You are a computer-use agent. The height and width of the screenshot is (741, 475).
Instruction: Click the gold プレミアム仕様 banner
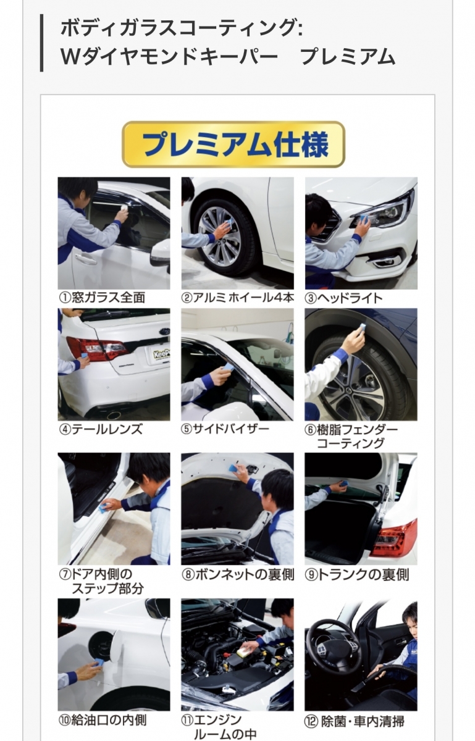(233, 144)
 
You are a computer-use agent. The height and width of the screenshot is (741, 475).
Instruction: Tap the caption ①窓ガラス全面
(102, 298)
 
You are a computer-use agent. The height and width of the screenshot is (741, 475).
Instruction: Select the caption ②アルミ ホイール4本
(237, 298)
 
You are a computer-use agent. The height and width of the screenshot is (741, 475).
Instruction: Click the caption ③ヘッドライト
(343, 298)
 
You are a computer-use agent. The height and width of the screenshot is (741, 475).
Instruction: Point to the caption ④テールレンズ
(101, 429)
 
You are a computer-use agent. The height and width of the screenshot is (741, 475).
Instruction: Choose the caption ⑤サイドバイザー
(225, 429)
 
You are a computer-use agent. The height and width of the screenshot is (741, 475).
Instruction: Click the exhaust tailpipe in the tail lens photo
(114, 414)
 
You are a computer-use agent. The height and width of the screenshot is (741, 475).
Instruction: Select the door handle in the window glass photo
(85, 258)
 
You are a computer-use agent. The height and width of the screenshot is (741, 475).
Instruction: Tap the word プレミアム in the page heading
(348, 57)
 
